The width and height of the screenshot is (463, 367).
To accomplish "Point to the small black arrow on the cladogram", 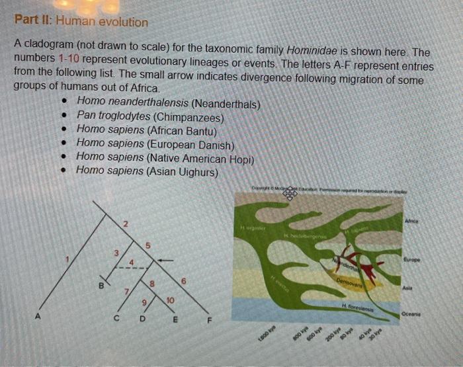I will coord(165,261).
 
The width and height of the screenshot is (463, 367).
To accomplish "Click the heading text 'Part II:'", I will coord(34,22).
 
